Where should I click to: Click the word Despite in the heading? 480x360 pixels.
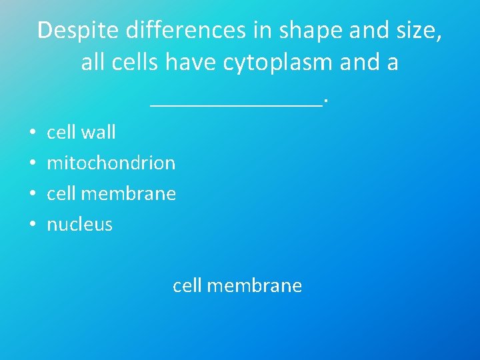pos(72,31)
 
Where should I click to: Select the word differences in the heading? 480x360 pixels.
pos(180,31)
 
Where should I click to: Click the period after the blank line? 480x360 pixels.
pos(326,101)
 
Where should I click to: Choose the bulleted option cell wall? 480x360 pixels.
pos(81,132)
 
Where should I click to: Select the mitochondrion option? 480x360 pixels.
pos(111,163)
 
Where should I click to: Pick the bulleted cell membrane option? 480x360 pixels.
pos(111,193)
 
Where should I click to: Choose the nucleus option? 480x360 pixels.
pos(79,224)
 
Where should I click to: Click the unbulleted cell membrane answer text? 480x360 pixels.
pos(237,286)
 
